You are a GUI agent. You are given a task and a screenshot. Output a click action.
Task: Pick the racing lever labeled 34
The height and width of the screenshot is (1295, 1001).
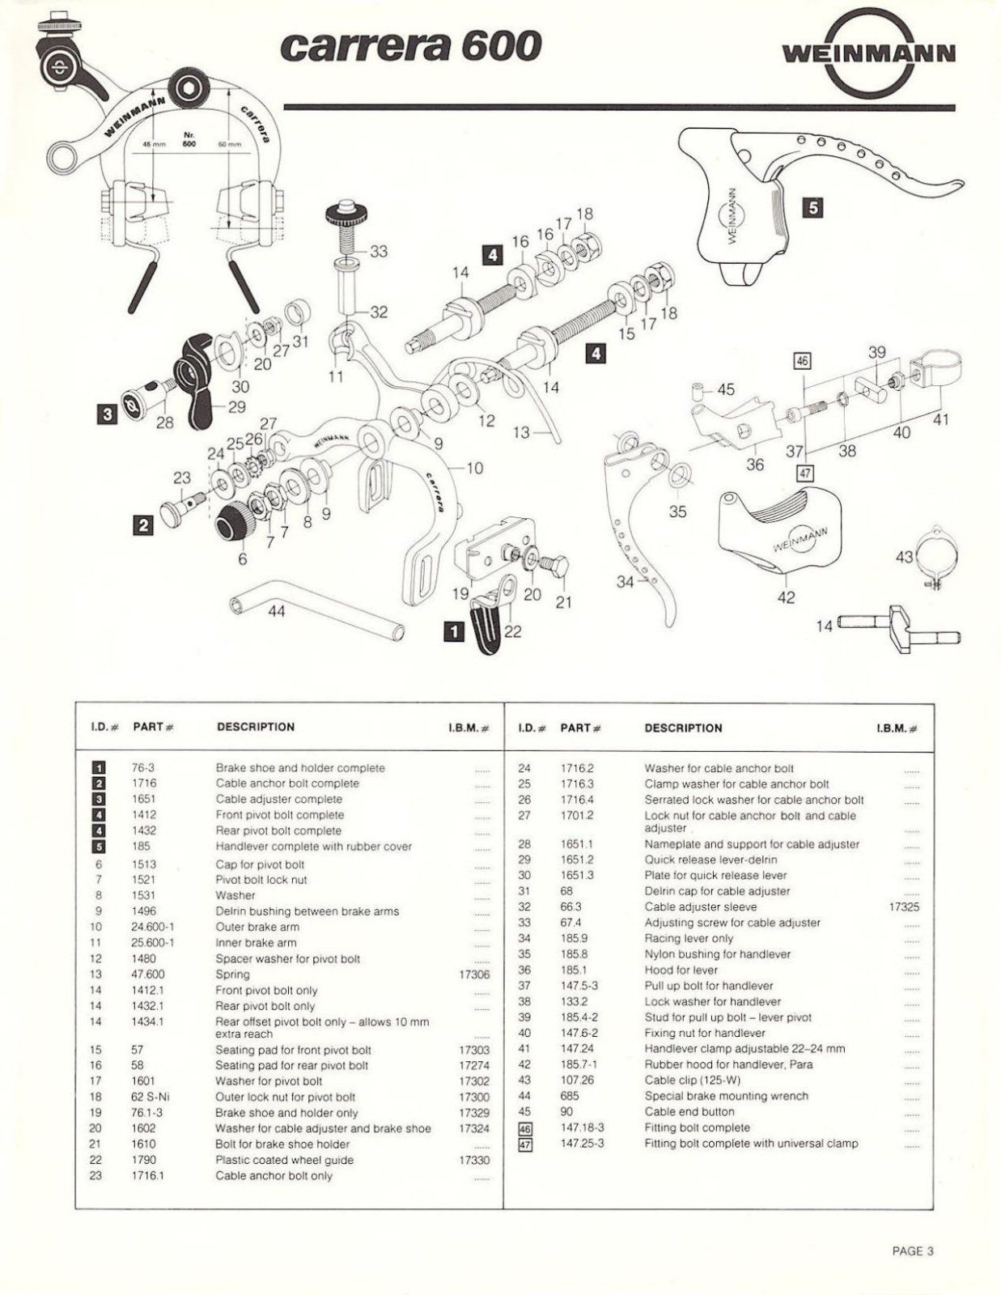(x=647, y=526)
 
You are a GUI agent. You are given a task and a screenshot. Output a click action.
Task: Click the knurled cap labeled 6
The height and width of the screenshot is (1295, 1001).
(x=235, y=520)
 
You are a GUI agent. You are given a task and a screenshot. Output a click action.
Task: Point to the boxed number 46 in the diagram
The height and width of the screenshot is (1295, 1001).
(x=802, y=361)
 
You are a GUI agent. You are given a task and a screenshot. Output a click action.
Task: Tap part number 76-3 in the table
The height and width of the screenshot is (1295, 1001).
(x=142, y=768)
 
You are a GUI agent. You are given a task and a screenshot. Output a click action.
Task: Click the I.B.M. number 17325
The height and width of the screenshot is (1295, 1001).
(x=904, y=907)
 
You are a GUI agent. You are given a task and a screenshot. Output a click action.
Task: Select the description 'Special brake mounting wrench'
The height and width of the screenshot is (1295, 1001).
(x=726, y=1096)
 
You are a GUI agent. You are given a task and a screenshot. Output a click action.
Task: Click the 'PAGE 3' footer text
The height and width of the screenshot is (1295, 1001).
(x=912, y=1250)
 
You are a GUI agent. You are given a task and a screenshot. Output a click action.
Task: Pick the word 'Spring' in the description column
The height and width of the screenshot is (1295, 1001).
(x=232, y=974)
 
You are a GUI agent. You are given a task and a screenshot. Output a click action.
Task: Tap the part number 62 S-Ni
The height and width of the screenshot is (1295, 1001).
(x=151, y=1097)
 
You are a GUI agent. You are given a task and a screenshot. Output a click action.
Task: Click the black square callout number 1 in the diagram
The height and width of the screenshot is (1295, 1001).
(x=455, y=630)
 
